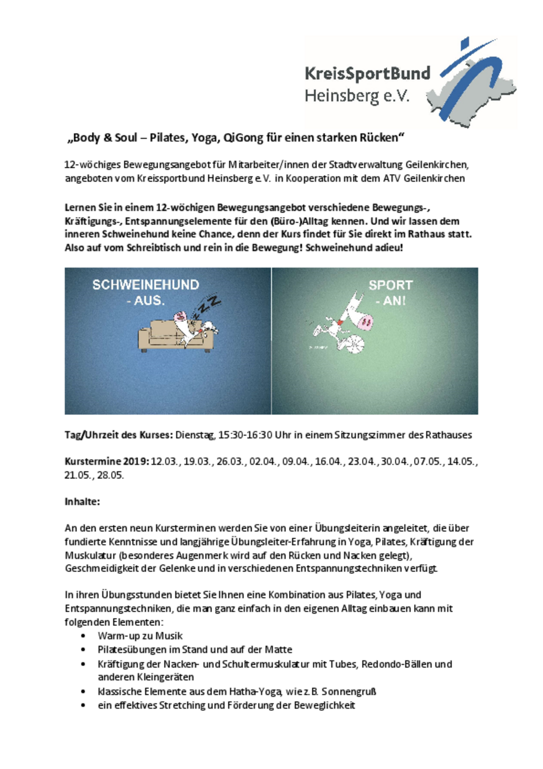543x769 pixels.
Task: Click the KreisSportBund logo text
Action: click(367, 74)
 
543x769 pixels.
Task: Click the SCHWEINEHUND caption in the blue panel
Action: click(146, 285)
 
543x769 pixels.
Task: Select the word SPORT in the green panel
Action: click(391, 285)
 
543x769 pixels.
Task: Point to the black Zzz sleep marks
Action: click(207, 306)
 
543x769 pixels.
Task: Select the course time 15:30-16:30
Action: click(245, 435)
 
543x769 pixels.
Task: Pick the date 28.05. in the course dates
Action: click(111, 475)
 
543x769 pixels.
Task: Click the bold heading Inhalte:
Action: click(82, 502)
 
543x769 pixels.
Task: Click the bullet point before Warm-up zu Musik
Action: click(84, 636)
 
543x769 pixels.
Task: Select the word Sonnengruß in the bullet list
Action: click(349, 691)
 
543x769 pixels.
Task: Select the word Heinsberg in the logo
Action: click(341, 96)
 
